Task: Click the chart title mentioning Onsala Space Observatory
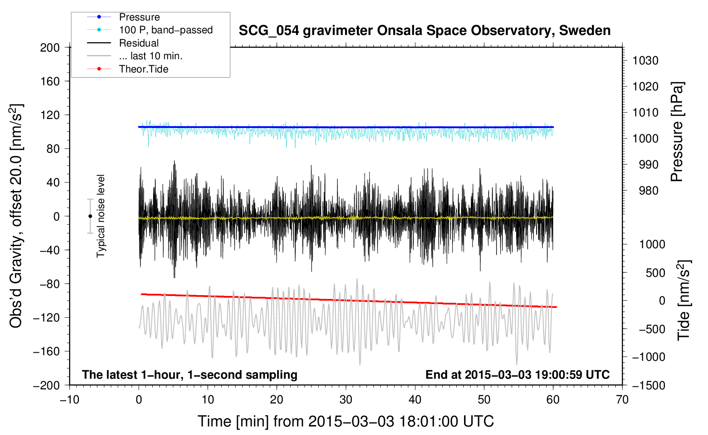pyautogui.click(x=424, y=31)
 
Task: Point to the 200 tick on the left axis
pyautogui.click(x=50, y=47)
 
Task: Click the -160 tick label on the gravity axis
pyautogui.click(x=46, y=351)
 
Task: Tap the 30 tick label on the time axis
pyautogui.click(x=346, y=400)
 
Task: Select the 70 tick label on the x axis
pyautogui.click(x=622, y=400)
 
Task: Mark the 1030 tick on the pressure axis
pyautogui.click(x=645, y=61)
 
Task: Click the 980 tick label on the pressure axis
pyautogui.click(x=649, y=191)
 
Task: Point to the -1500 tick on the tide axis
pyautogui.click(x=649, y=386)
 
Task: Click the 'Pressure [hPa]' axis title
pyautogui.click(x=677, y=132)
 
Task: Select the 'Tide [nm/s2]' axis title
pyautogui.click(x=684, y=300)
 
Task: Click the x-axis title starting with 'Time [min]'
pyautogui.click(x=346, y=421)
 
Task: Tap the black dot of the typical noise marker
pyautogui.click(x=90, y=216)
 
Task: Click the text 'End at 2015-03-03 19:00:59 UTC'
pyautogui.click(x=517, y=374)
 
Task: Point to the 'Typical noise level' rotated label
pyautogui.click(x=101, y=216)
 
